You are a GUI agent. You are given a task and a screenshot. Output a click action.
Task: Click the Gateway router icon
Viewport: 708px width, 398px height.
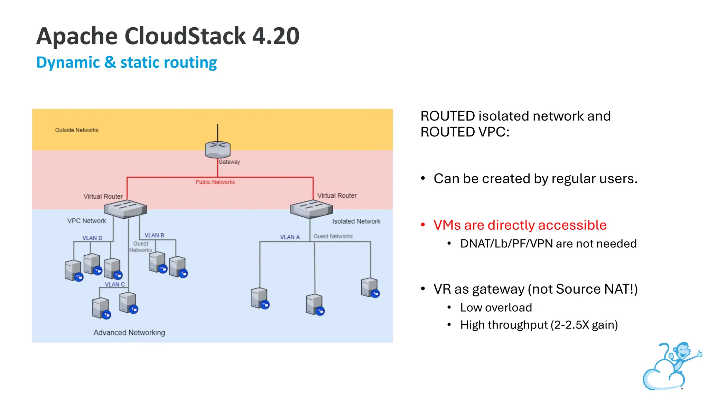(x=217, y=150)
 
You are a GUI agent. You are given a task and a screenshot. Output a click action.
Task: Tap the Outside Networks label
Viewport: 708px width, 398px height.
(x=77, y=130)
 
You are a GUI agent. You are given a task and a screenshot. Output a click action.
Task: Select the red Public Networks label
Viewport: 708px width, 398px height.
(x=215, y=182)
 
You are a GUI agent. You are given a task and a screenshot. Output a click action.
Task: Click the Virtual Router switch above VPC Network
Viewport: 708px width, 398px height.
(x=125, y=209)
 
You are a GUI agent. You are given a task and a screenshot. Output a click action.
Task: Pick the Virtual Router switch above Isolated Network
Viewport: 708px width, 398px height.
(x=311, y=209)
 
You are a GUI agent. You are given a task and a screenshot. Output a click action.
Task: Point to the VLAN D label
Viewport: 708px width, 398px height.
(x=92, y=238)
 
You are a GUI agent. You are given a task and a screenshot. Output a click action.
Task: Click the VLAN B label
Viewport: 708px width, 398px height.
(x=154, y=235)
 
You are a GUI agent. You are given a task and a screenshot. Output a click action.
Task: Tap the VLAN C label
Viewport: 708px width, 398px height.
(x=115, y=284)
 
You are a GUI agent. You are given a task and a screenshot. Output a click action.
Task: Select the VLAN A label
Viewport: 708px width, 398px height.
(x=290, y=237)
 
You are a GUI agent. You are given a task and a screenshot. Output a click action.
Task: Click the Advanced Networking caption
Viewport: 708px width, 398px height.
(x=129, y=332)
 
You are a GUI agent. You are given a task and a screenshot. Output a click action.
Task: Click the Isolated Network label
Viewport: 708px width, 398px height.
(x=356, y=221)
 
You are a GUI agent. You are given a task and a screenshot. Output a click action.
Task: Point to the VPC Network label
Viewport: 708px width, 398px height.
(x=86, y=221)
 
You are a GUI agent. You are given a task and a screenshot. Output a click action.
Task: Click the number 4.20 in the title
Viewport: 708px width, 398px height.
(x=276, y=36)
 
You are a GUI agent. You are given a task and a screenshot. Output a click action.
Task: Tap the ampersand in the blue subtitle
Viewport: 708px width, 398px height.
(x=110, y=63)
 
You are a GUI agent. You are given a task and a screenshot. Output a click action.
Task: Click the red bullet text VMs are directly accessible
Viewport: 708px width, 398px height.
(x=520, y=225)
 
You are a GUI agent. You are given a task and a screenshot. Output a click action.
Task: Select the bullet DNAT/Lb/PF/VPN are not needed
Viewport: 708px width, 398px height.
(x=548, y=244)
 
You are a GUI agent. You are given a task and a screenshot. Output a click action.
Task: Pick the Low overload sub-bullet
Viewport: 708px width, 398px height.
(x=496, y=307)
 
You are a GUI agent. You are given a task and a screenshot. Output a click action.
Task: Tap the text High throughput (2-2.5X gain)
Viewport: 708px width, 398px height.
(x=539, y=325)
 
